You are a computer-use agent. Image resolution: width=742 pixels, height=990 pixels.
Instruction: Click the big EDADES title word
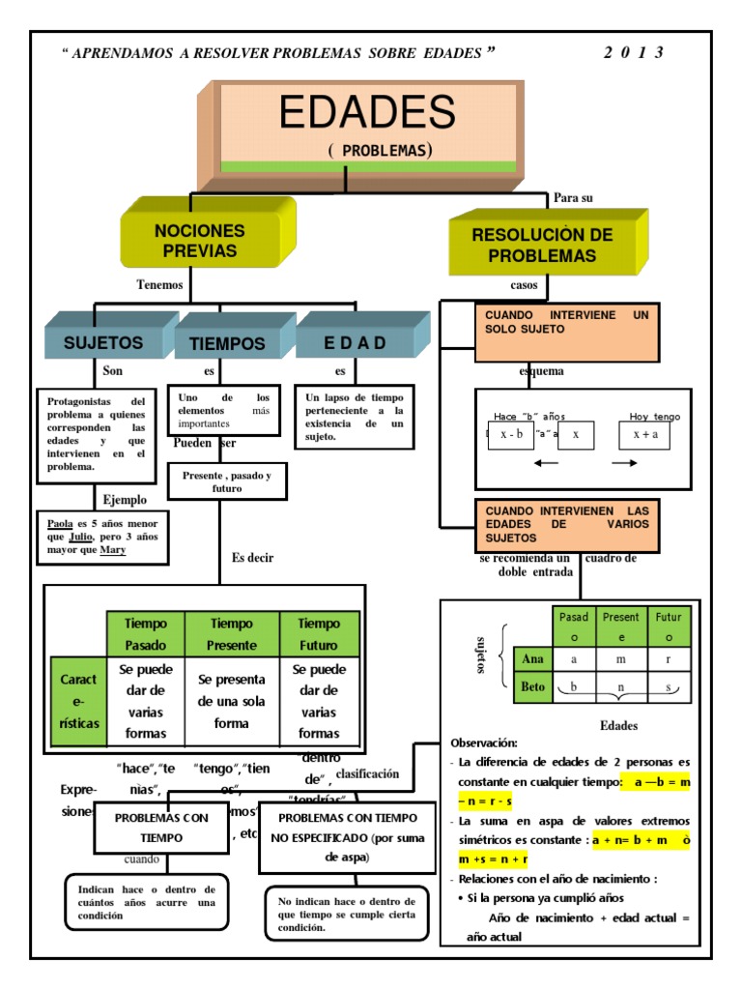tap(366, 113)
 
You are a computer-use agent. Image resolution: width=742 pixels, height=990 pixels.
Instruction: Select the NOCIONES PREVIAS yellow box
tap(199, 241)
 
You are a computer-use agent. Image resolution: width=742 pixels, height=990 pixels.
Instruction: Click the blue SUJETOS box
tap(103, 342)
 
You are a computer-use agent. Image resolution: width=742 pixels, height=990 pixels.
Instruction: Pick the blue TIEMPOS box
tap(227, 343)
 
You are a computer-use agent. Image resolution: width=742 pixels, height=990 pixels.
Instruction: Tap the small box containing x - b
tap(511, 435)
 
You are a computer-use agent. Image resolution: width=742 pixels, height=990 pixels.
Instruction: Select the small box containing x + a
tap(644, 435)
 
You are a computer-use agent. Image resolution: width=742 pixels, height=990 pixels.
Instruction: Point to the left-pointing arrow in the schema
tap(546, 464)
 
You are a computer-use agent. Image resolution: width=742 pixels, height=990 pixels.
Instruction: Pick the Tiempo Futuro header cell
tap(319, 634)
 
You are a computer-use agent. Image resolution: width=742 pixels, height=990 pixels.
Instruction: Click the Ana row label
tap(532, 659)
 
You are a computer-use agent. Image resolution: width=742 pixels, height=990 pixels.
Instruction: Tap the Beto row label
tap(532, 687)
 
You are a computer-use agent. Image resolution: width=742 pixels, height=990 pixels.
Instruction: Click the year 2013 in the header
tap(634, 53)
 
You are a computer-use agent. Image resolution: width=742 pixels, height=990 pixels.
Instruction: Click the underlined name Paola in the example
tap(60, 523)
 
